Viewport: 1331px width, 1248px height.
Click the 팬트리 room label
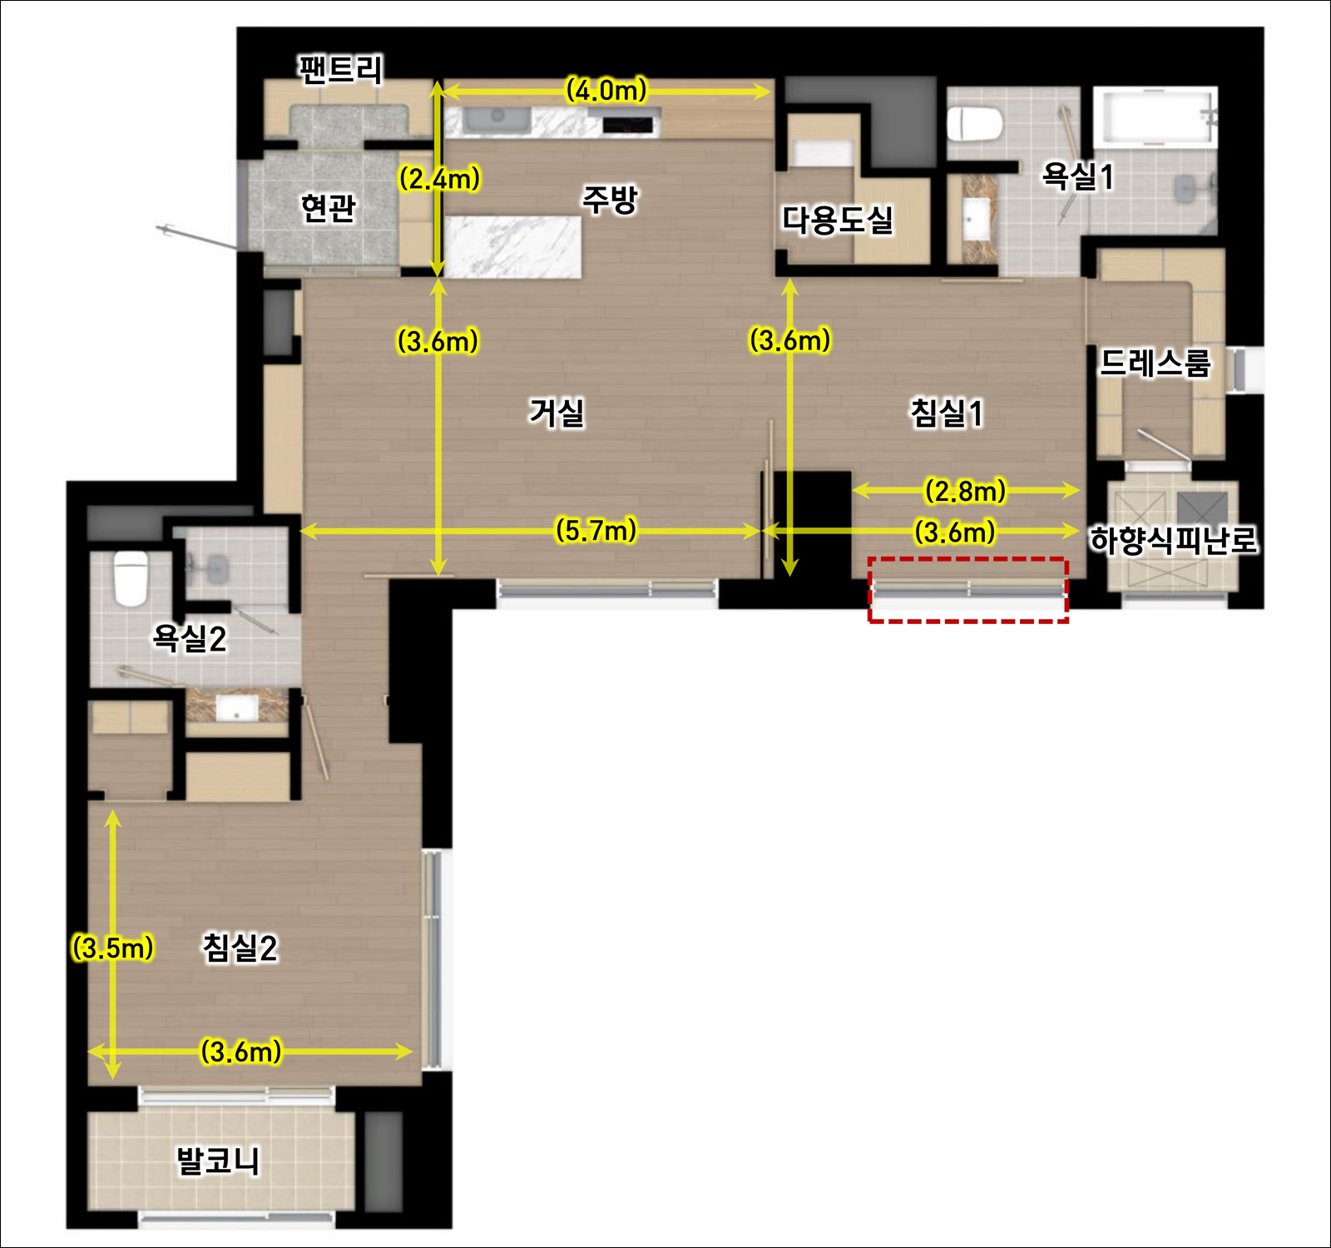pos(341,69)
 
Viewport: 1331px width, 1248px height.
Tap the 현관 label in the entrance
pos(329,207)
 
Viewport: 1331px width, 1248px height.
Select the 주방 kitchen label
pos(610,200)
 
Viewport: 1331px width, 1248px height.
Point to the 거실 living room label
pos(557,412)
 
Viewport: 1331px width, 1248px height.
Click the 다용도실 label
pos(838,220)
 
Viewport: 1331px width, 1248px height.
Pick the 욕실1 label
pos(1077,176)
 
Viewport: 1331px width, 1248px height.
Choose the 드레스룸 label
pos(1155,363)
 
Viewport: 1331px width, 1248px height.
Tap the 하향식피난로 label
pos(1175,541)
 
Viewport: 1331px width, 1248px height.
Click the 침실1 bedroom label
pos(948,413)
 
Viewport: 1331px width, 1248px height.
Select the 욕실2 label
pos(190,639)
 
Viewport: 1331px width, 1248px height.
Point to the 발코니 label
pos(218,1161)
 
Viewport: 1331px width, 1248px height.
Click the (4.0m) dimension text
pos(606,90)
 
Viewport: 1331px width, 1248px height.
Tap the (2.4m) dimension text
pos(440,178)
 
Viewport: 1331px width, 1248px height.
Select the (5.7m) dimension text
pos(596,530)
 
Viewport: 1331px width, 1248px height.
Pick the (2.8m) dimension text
pos(966,491)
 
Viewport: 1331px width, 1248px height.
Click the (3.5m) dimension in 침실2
pos(113,948)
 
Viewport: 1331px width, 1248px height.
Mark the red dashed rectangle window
pos(968,590)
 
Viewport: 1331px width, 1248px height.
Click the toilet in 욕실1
pos(975,124)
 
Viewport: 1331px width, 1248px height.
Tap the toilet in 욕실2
pos(131,578)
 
